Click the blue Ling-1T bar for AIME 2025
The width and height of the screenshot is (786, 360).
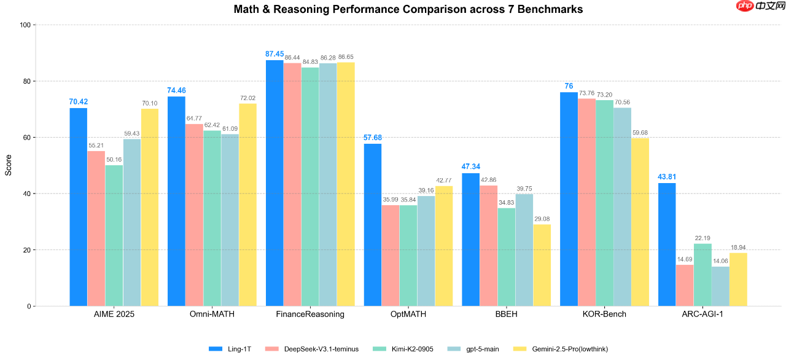point(78,207)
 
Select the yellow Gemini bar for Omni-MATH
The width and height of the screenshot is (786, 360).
point(247,205)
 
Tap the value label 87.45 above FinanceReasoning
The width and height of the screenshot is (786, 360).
point(274,54)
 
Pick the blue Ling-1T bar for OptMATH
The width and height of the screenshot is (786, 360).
point(373,225)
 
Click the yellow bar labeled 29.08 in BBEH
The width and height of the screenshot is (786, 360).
point(542,265)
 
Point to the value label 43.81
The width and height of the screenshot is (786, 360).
point(667,177)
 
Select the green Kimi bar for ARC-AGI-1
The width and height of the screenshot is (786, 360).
point(702,275)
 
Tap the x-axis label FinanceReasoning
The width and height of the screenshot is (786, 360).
point(310,315)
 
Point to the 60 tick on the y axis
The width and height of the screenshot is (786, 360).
point(26,138)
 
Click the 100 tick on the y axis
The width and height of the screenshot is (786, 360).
point(25,25)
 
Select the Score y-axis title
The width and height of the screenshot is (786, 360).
point(9,165)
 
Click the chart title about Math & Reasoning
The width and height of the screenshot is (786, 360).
point(408,10)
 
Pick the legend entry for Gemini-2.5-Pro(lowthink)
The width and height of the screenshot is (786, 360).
point(569,349)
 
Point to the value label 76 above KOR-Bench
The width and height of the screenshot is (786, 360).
point(569,86)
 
